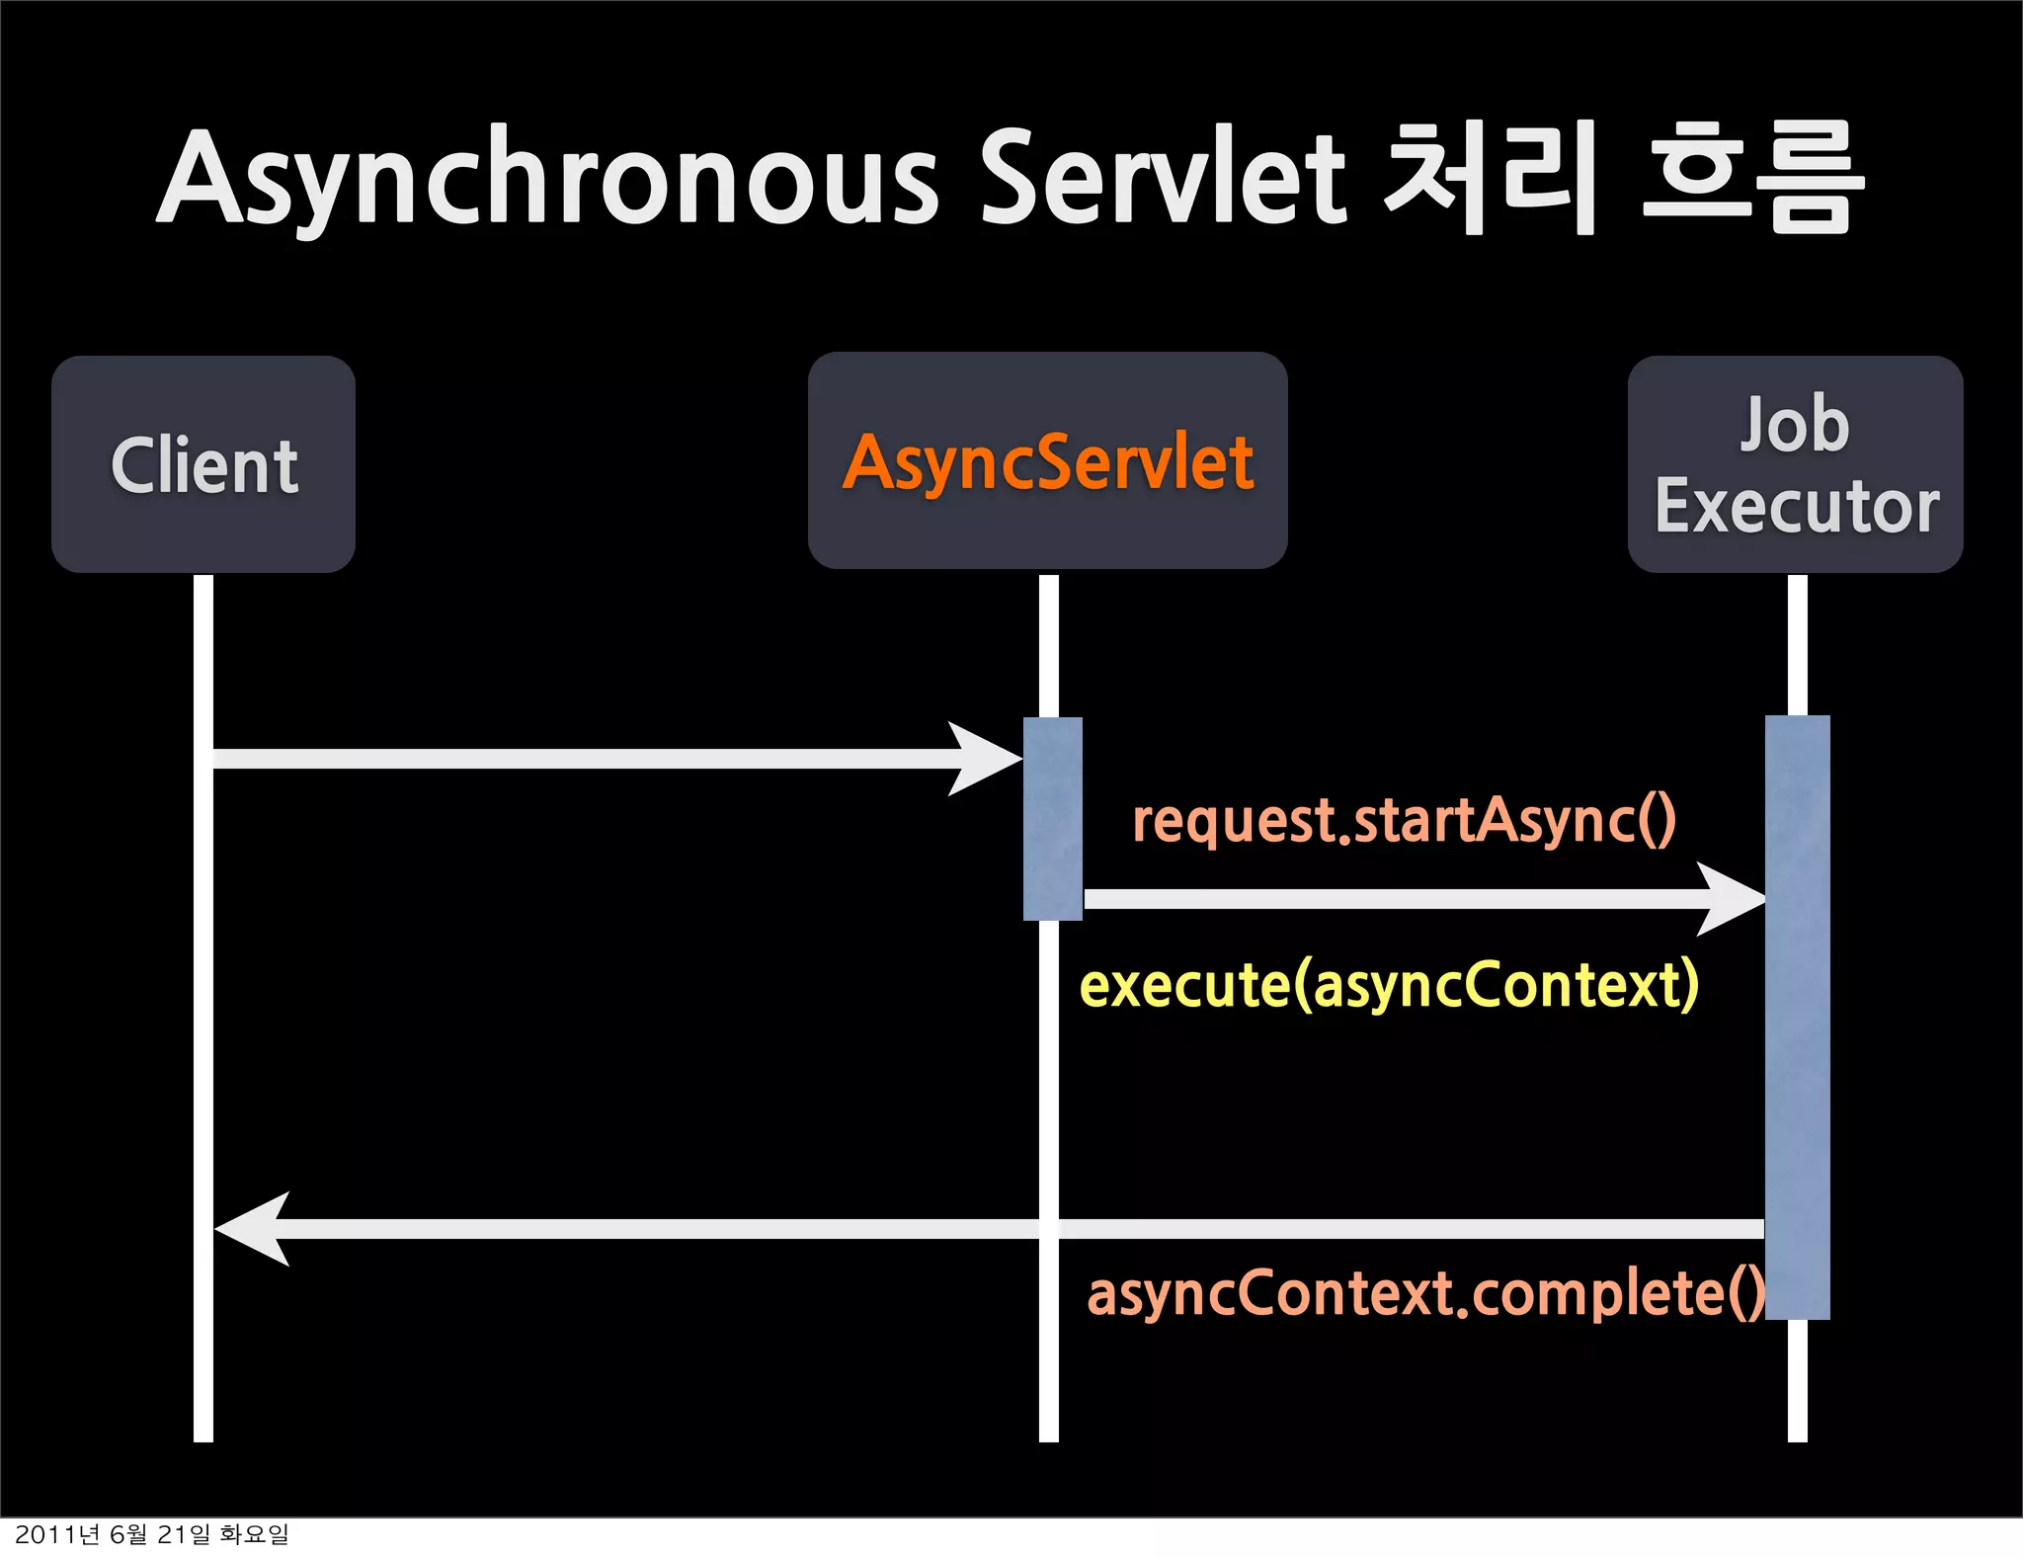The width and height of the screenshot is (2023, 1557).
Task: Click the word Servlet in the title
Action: [1163, 178]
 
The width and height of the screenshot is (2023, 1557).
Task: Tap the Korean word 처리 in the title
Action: [1491, 178]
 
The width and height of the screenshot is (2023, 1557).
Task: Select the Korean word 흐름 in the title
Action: [1753, 178]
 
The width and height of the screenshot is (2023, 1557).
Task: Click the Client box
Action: [203, 464]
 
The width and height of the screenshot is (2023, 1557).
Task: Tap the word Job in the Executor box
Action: [1794, 424]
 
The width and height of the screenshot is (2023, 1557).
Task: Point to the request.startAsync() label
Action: [1404, 820]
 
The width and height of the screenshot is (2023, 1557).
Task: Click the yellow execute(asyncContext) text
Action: [1389, 985]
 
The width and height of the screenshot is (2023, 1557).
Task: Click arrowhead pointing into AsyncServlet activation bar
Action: [988, 759]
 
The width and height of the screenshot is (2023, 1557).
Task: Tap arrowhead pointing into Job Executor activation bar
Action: [1733, 899]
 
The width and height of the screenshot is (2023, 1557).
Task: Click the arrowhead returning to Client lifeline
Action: [252, 1229]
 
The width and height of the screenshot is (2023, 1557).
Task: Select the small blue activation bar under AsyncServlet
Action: [1053, 818]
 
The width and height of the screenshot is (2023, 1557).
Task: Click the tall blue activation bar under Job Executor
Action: [1798, 1018]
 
